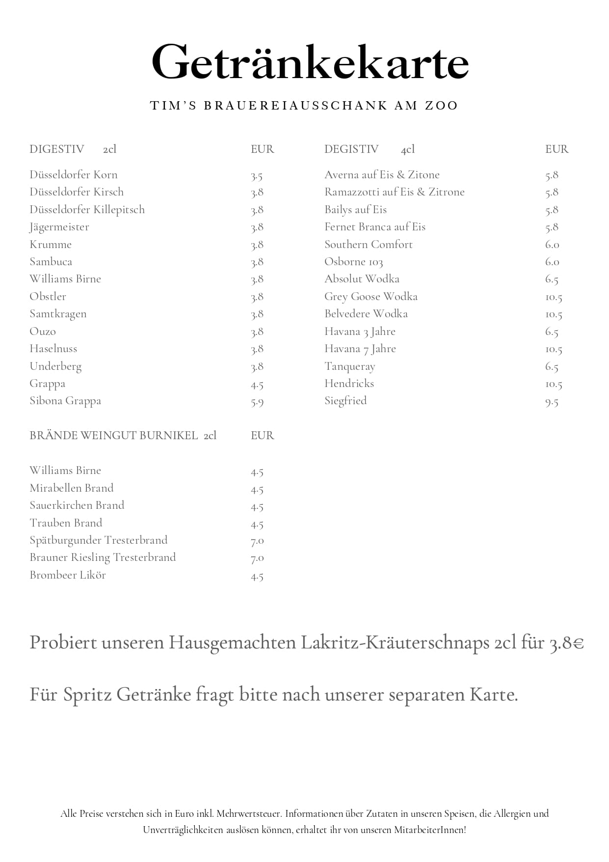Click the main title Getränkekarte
click(310, 62)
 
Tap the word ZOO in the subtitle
click(441, 106)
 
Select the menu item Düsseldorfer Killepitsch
click(87, 210)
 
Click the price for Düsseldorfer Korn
click(257, 176)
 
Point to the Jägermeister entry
click(59, 227)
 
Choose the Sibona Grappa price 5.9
click(257, 402)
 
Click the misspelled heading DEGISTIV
click(351, 149)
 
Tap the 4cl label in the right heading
click(407, 149)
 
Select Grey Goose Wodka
click(371, 297)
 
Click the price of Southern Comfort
click(552, 245)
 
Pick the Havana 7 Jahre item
click(360, 349)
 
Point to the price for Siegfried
click(552, 402)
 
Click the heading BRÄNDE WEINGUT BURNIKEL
click(114, 436)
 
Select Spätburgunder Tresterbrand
click(98, 540)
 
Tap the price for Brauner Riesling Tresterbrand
click(257, 558)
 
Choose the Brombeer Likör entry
click(68, 575)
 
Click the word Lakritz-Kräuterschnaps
click(395, 643)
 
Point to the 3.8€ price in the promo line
click(566, 643)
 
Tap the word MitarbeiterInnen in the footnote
click(429, 830)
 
